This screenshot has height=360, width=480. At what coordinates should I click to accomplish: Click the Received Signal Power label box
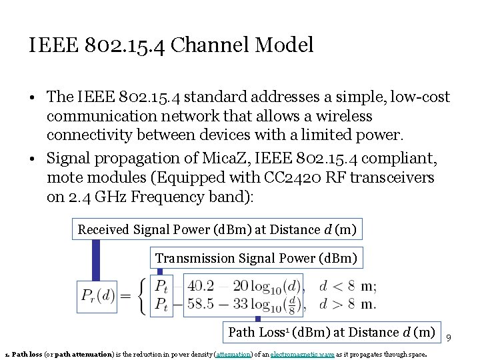[217, 230]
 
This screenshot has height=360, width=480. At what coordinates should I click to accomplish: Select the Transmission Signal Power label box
[256, 258]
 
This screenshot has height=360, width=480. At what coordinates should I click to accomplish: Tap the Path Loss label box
[331, 332]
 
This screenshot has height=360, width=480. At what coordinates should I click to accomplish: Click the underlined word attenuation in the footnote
[234, 354]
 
